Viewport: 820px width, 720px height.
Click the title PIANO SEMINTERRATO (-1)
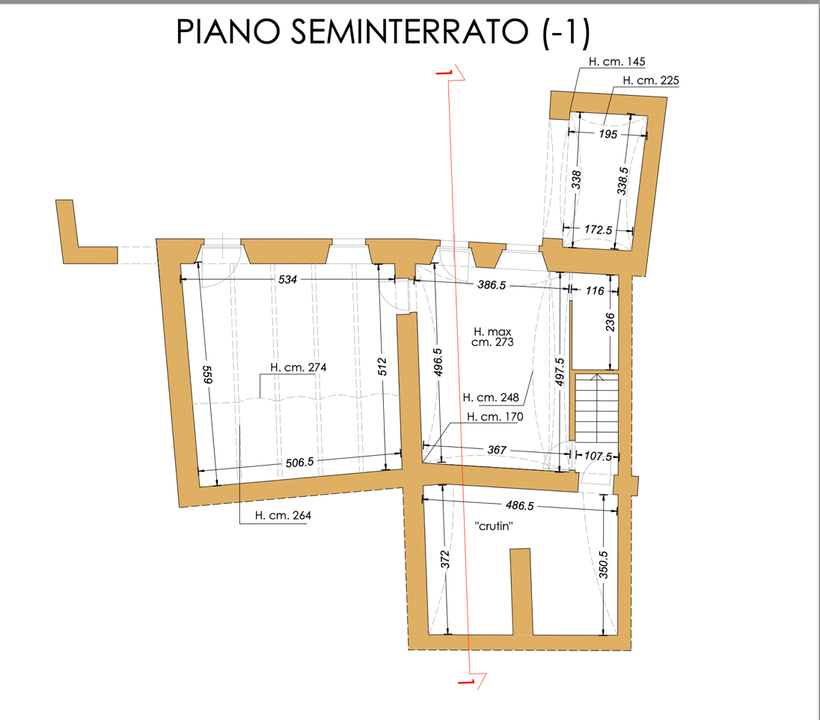(383, 31)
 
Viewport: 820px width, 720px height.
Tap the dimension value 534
(287, 279)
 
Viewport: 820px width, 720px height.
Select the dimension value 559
(207, 374)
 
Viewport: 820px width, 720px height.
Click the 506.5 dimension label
(300, 463)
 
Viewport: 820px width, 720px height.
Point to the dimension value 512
(382, 366)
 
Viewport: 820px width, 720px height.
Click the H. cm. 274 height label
(298, 367)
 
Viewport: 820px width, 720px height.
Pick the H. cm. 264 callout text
(283, 516)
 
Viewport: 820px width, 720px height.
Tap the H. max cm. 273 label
(492, 337)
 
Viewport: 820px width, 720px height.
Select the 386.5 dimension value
(492, 285)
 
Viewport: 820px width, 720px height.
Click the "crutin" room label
(494, 526)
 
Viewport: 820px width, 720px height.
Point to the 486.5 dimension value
(520, 505)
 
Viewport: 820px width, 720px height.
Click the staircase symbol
(597, 408)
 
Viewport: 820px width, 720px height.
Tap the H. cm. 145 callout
(616, 61)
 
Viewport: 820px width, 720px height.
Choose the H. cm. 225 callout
(651, 80)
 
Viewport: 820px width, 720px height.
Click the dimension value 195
(608, 135)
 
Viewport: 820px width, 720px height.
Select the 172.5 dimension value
(599, 230)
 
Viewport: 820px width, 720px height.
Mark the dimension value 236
(611, 323)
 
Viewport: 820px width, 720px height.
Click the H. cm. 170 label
(495, 417)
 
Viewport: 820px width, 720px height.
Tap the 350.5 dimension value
(603, 564)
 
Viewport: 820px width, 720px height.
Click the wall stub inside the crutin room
(520, 591)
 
